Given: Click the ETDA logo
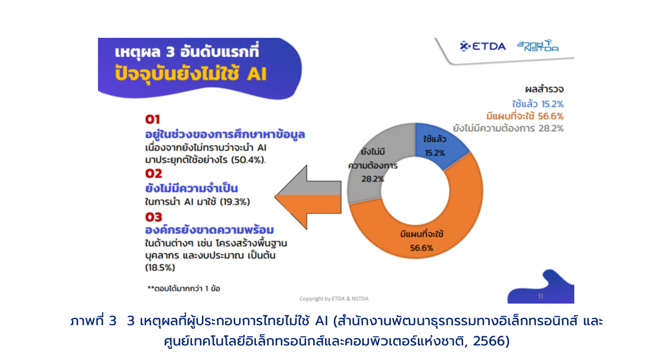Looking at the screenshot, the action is [482, 46].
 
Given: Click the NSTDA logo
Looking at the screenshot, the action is [538, 46].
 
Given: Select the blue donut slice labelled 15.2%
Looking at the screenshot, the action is [438, 144].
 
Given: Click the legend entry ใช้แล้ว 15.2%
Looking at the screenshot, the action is [537, 104].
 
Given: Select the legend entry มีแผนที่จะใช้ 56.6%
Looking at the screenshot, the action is [525, 116].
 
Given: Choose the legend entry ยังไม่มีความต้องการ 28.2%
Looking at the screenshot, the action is [508, 129].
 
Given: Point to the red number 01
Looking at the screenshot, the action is [152, 119].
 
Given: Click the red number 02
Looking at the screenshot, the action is [154, 173].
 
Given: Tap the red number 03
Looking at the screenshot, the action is [154, 217].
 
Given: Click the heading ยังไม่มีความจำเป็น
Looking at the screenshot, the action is [192, 188].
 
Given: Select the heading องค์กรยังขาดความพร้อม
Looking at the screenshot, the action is [210, 230].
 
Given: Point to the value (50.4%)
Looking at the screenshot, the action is [247, 160].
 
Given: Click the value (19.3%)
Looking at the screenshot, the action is [235, 202].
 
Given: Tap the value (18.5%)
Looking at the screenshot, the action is [160, 267].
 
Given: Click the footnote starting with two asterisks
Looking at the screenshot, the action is [184, 288].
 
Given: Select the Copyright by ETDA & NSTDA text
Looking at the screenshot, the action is [334, 299].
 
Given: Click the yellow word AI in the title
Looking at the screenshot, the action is [257, 73].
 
